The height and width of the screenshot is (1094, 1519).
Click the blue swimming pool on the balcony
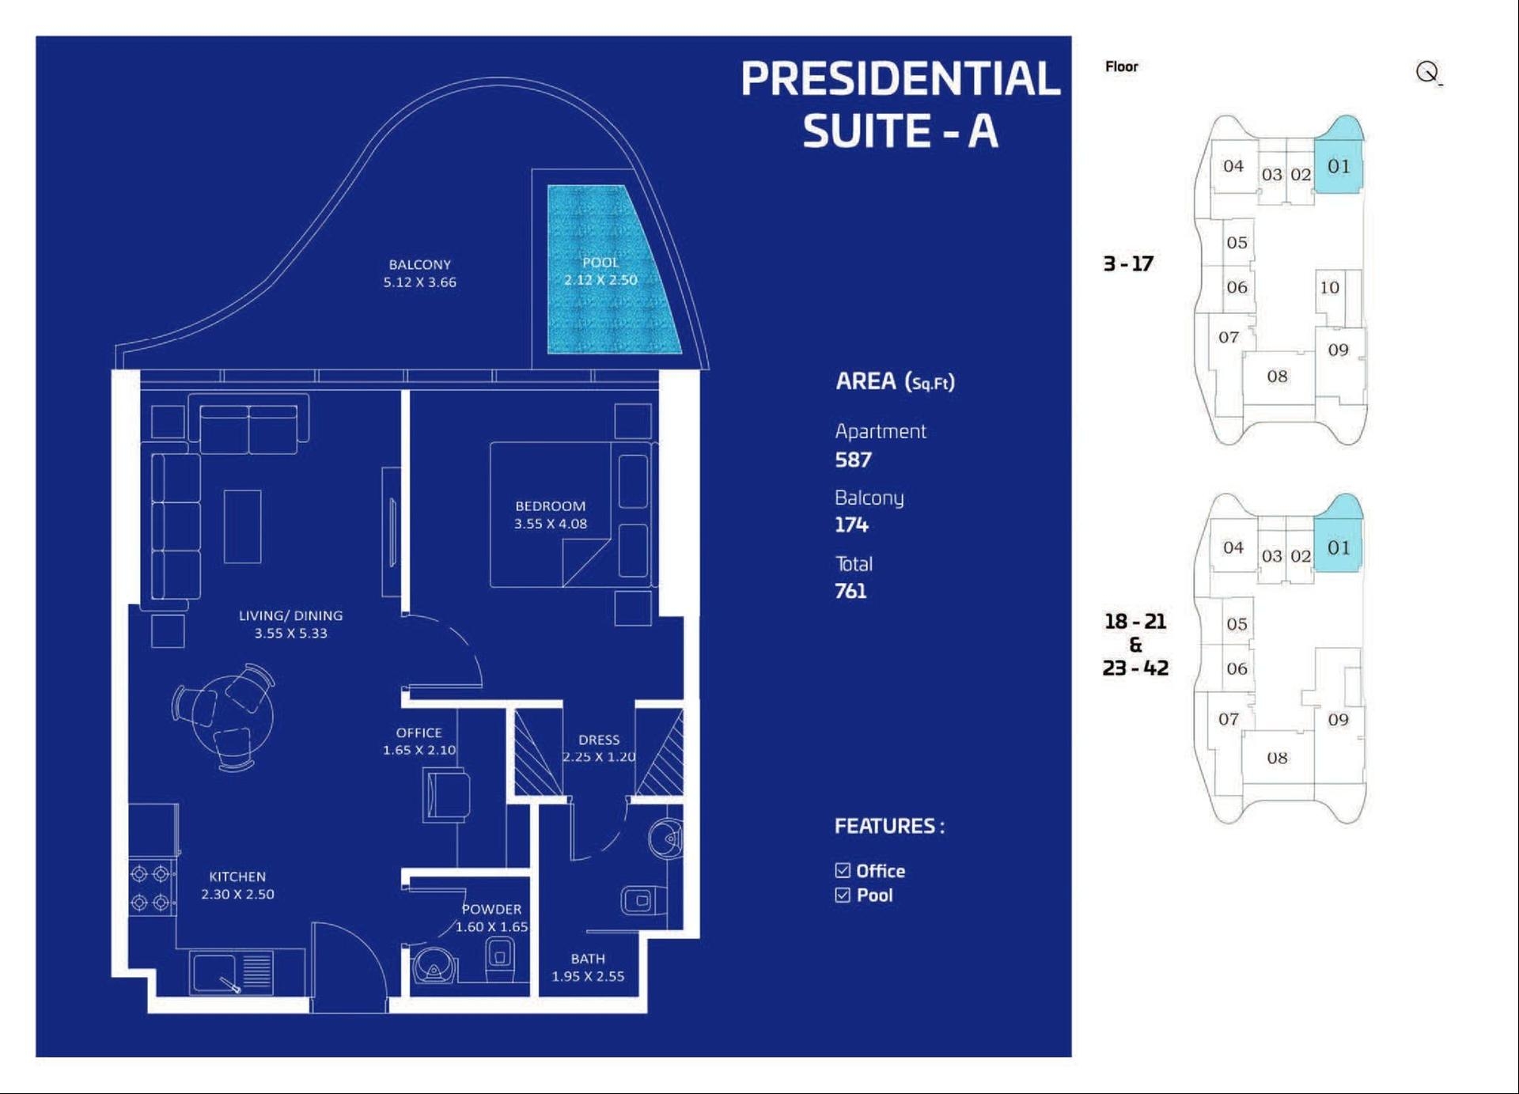(x=609, y=269)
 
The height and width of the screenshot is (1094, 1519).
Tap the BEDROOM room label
(x=551, y=505)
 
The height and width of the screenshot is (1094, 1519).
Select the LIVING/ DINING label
(x=290, y=615)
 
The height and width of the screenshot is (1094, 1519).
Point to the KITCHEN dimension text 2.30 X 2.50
(x=237, y=894)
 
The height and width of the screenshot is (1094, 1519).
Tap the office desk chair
(x=447, y=795)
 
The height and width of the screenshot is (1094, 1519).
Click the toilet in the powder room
(x=499, y=959)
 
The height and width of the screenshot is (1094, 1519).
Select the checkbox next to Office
(x=843, y=870)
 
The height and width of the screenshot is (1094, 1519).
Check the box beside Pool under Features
(x=843, y=895)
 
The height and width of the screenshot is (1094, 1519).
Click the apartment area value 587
(x=853, y=460)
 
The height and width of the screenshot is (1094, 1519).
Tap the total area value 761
(x=850, y=591)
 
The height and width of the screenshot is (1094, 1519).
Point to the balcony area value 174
(x=851, y=524)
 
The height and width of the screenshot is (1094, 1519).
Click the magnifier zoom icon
(x=1428, y=73)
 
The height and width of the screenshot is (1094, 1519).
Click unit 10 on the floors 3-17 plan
(x=1330, y=287)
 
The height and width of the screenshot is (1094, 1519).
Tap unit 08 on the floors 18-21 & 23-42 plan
(x=1277, y=757)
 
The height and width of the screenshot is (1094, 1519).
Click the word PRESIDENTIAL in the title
(x=900, y=78)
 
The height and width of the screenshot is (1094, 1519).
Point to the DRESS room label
(x=599, y=740)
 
